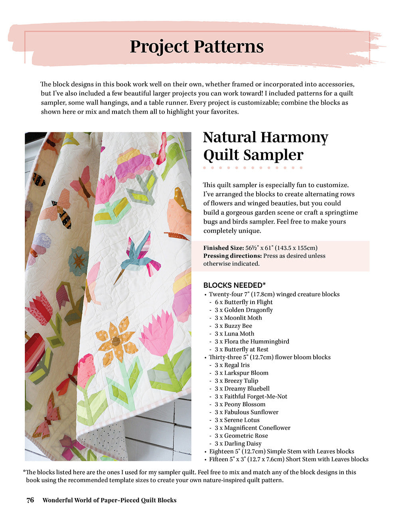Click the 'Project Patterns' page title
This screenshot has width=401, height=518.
coord(197,47)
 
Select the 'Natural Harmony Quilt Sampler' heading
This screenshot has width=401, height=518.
coord(265,146)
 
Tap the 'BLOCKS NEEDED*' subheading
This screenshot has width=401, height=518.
coord(235,285)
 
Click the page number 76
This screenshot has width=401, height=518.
coord(30,500)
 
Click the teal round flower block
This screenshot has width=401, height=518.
coord(78,261)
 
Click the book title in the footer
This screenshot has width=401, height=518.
coord(109,500)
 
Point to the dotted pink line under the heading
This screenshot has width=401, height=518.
coord(253,168)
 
